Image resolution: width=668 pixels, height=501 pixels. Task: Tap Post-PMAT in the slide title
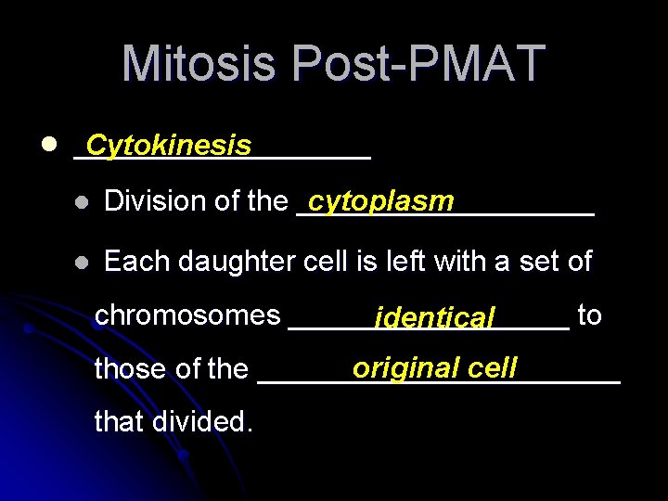pos(417,64)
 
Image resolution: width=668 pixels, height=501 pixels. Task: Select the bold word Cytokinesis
pos(168,146)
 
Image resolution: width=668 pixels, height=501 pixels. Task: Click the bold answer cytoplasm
pos(381,201)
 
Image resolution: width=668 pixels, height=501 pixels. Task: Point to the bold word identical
pos(434,318)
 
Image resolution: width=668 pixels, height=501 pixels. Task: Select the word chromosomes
pos(187,315)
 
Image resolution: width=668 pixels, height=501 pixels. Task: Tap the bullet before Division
pos(82,202)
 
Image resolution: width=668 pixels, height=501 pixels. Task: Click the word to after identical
pos(589,315)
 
